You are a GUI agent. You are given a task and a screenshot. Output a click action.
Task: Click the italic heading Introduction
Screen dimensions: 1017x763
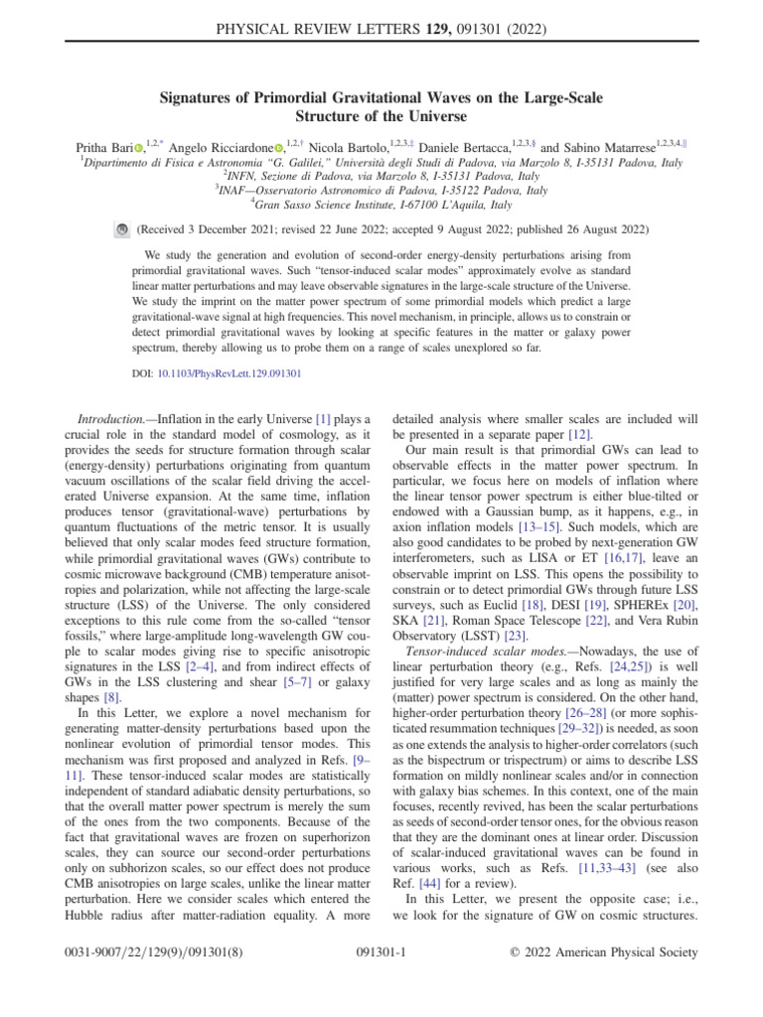116,393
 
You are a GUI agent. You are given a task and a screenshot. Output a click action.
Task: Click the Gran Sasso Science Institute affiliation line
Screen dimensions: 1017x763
381,205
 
